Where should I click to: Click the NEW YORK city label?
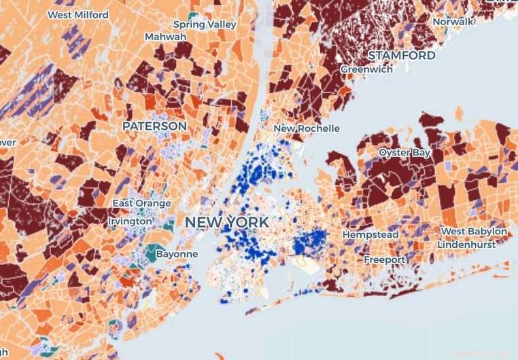point(226,222)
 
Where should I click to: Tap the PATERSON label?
point(154,126)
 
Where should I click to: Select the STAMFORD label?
point(401,55)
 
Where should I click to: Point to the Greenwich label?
point(366,69)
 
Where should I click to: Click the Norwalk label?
point(453,22)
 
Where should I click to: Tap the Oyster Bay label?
point(404,153)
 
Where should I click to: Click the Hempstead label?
point(370,234)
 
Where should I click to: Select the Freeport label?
point(384,259)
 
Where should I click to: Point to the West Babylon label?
point(474,232)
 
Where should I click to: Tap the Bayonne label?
point(177,254)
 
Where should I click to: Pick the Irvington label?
point(130,221)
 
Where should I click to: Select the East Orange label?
point(138,203)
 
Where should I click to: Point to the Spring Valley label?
point(204,24)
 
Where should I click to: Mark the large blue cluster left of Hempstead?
point(311,242)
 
